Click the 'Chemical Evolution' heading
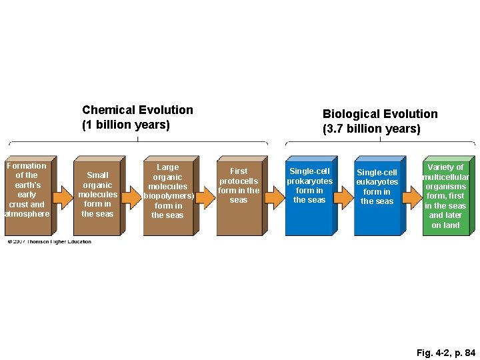(x=137, y=110)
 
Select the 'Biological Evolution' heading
(x=380, y=114)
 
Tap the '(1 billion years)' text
(x=126, y=125)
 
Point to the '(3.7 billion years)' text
(x=371, y=129)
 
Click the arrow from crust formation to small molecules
(x=62, y=197)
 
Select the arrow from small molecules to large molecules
(x=132, y=197)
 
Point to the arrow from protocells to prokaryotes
(x=273, y=197)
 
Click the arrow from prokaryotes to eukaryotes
(x=343, y=197)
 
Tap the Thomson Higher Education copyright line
(x=50, y=241)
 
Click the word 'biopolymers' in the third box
(x=168, y=196)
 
